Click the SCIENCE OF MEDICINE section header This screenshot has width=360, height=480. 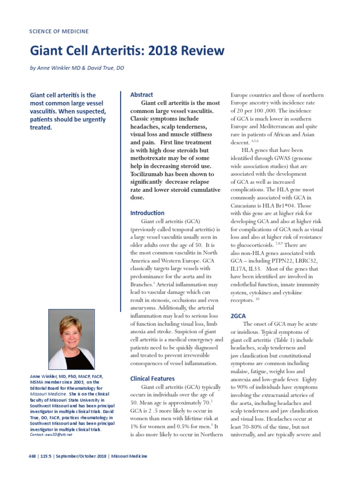coord(59,31)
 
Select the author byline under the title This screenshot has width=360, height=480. coord(77,67)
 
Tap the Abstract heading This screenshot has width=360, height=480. coord(142,95)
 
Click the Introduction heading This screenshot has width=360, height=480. coord(147,213)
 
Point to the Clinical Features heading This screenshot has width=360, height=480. coord(152,378)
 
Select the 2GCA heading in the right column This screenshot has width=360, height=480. coord(239,316)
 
